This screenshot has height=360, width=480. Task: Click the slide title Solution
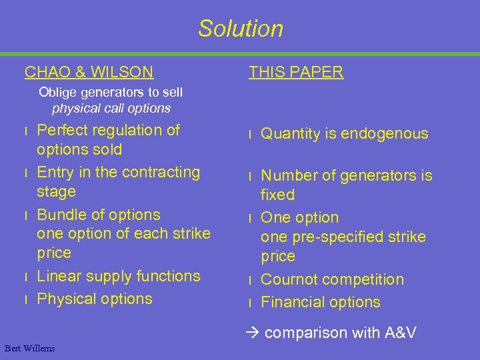tap(240, 29)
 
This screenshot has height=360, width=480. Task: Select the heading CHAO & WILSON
tap(89, 72)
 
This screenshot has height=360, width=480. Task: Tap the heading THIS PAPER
tap(296, 72)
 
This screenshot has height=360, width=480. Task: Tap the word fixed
tap(277, 195)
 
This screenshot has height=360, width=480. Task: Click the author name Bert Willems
tap(29, 348)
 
